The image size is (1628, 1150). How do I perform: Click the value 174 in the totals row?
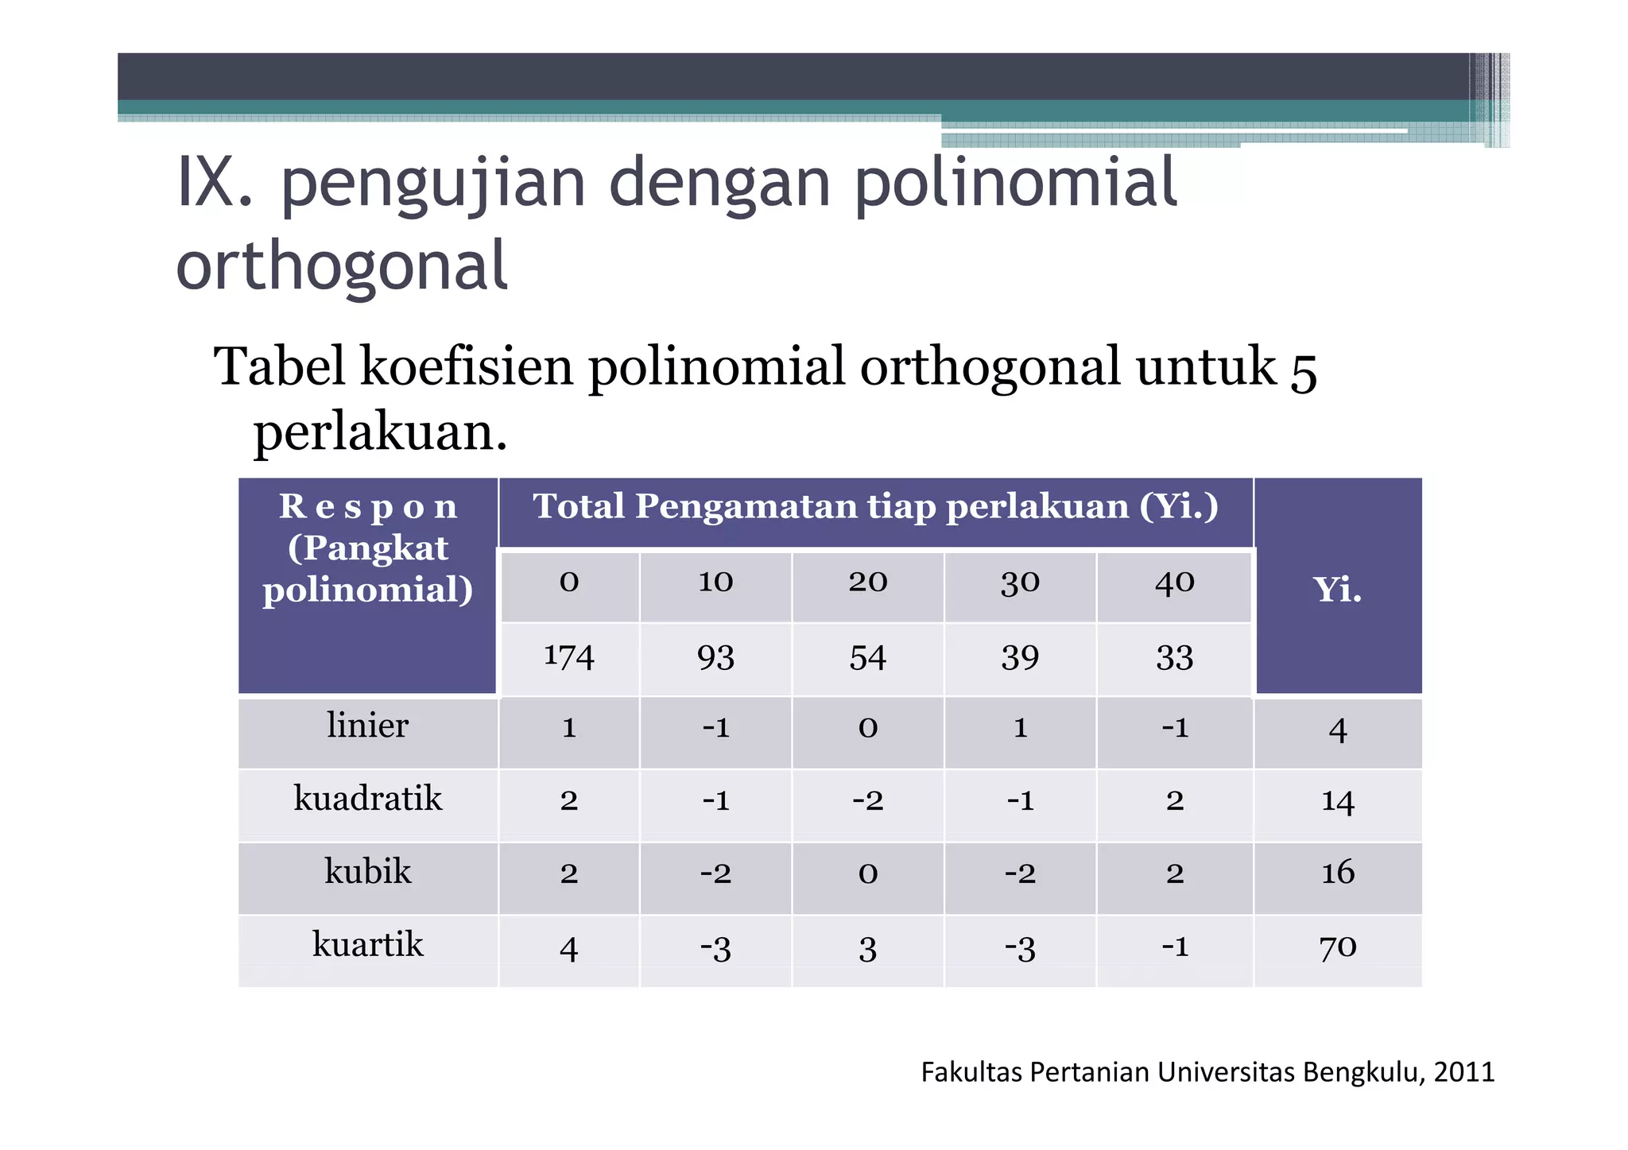[x=568, y=657]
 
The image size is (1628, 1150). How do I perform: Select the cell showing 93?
[x=715, y=657]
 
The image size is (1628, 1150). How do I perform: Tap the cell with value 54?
[x=867, y=657]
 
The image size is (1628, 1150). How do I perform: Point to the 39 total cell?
[x=1020, y=657]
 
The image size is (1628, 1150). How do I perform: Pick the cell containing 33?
[x=1174, y=657]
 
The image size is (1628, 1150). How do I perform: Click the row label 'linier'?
[x=367, y=726]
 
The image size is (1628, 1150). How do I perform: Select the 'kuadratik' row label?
[x=367, y=799]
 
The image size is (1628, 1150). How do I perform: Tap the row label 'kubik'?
[x=367, y=872]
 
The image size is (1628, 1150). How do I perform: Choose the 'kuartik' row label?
[x=367, y=945]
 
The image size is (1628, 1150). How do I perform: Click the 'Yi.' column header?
[x=1337, y=590]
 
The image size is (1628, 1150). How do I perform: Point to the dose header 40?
[x=1174, y=582]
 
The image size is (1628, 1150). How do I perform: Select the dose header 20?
[x=867, y=582]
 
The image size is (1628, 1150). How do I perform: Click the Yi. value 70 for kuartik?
[x=1337, y=947]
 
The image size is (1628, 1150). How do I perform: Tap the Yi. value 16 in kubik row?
[x=1337, y=873]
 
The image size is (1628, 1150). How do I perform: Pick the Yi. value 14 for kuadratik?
[x=1337, y=800]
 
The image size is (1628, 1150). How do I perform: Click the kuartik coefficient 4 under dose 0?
[x=568, y=949]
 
